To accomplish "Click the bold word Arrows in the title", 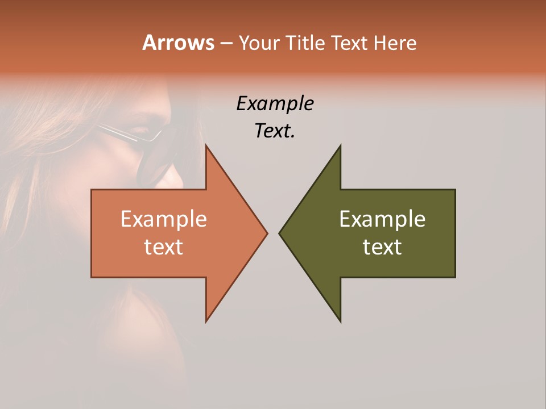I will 178,43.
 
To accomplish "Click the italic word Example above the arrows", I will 275,103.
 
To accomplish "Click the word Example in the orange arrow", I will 164,219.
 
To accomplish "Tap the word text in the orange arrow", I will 164,247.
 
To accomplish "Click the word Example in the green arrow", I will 382,219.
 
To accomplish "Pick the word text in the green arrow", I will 382,247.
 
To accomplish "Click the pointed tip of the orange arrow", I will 267,233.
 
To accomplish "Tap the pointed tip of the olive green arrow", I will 280,233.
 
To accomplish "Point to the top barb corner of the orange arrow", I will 206,146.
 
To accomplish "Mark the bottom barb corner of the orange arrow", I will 206,321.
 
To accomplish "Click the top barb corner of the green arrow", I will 340,146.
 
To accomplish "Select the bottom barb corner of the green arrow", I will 340,322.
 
